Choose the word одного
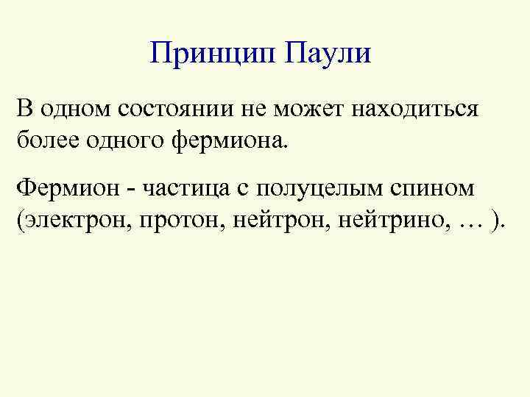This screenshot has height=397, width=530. tap(121, 138)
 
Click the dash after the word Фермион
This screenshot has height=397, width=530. tap(127, 190)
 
